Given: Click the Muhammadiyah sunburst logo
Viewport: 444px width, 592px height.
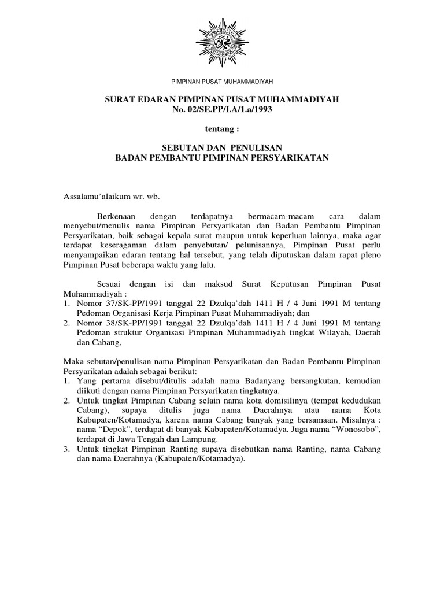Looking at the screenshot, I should pos(222,42).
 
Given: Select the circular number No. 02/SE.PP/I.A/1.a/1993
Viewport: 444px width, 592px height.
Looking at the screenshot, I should pos(222,109).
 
